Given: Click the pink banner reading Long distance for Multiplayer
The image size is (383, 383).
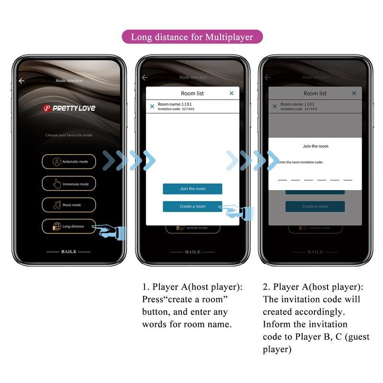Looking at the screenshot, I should [x=191, y=37].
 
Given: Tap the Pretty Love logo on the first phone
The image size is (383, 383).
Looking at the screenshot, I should [x=69, y=108].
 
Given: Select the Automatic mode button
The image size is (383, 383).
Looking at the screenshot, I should [x=68, y=162].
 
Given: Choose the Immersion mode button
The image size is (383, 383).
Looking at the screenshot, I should [x=68, y=184].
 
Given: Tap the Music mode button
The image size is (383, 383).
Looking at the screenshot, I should [x=68, y=205].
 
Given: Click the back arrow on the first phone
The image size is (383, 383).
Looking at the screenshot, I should [x=22, y=81].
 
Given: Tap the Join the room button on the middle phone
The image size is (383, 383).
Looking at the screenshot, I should [x=192, y=189].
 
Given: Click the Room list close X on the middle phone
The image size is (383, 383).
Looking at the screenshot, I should [x=232, y=93].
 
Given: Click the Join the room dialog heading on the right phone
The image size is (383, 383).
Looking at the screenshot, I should [x=315, y=146].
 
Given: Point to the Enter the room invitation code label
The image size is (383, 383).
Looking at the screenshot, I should [x=301, y=162].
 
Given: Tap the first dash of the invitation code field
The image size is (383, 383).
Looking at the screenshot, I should [x=282, y=180].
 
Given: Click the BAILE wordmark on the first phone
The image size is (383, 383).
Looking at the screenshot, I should [x=68, y=251].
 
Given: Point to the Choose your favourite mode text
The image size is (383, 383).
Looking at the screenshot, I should [x=68, y=135].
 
